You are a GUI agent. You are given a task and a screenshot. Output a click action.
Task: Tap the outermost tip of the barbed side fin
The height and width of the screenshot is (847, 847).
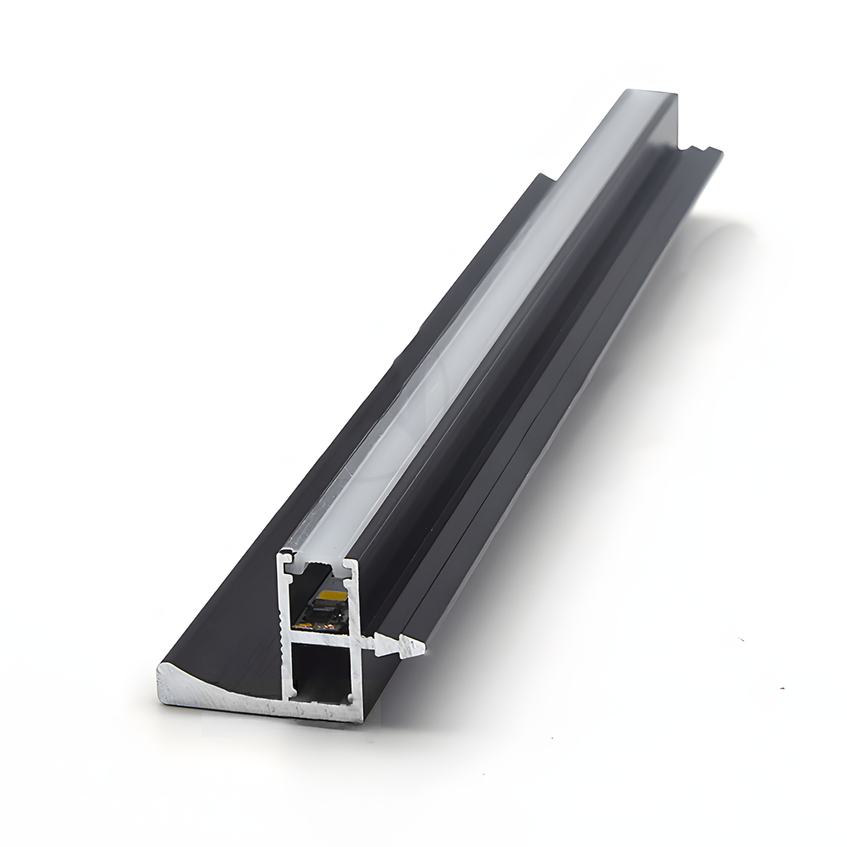click(423, 648)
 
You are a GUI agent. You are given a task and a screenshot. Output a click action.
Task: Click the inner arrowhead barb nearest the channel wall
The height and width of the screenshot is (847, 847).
click(383, 642)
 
